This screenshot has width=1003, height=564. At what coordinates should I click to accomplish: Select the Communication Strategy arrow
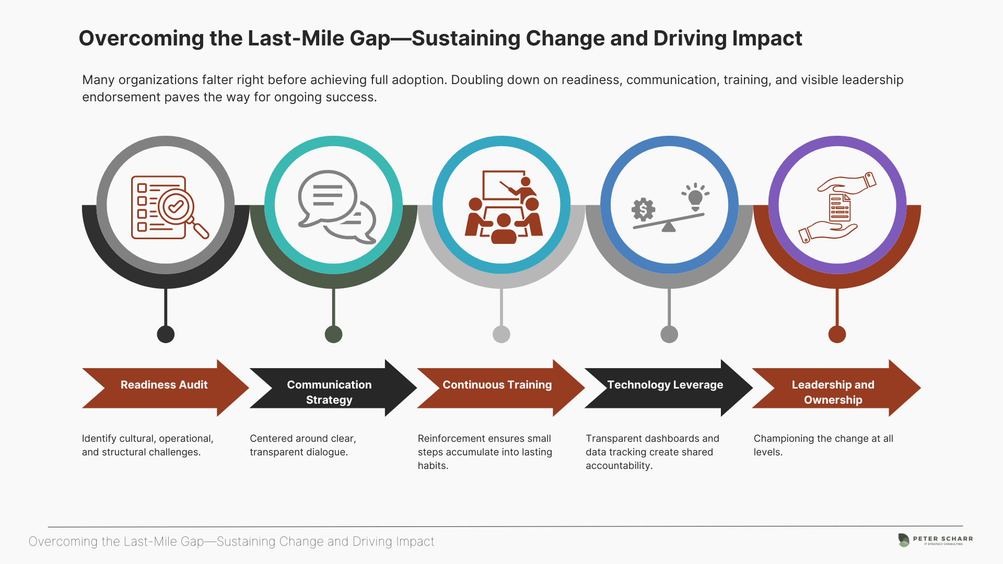[x=333, y=387]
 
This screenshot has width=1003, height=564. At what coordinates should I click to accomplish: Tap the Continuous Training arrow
[x=500, y=387]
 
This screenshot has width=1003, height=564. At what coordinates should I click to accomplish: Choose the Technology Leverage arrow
[x=669, y=387]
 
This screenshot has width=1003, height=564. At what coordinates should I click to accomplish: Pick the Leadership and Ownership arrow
[x=836, y=387]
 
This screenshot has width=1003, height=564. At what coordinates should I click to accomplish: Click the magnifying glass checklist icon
[x=170, y=207]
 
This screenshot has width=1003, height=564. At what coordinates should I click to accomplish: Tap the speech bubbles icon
[x=337, y=207]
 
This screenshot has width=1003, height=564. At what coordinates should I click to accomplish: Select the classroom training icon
[x=504, y=207]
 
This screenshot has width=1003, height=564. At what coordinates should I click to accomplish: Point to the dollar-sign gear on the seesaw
[x=643, y=210]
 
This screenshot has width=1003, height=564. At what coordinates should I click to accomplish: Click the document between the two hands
[x=840, y=207]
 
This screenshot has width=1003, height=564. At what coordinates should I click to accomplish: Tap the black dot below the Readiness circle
[x=166, y=334]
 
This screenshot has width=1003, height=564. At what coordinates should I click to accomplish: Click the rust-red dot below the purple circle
[x=837, y=334]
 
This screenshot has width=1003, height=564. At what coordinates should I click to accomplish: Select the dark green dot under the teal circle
[x=333, y=334]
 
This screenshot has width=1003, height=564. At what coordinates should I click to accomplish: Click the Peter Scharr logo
[x=935, y=540]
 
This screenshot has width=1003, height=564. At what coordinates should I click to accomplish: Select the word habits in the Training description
[x=433, y=466]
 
